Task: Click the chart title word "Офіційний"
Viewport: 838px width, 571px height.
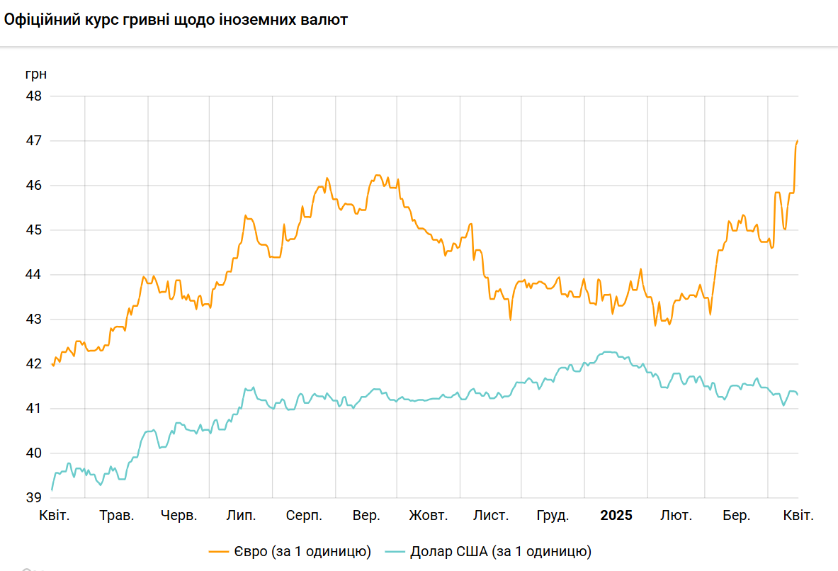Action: click(40, 21)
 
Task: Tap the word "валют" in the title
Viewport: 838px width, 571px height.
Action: click(325, 21)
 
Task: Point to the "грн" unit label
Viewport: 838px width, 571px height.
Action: click(35, 74)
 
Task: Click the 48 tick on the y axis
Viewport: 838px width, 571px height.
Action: click(34, 96)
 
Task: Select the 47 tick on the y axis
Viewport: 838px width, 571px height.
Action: click(34, 140)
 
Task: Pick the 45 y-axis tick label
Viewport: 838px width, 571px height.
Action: click(34, 230)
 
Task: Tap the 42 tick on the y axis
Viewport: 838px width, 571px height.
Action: click(34, 364)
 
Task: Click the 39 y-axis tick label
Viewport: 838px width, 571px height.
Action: click(34, 498)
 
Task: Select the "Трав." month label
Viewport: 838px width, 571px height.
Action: click(116, 516)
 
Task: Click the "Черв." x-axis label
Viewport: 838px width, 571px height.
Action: click(179, 516)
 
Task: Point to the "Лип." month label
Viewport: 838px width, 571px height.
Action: click(241, 516)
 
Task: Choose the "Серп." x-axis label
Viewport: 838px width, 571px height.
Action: click(304, 516)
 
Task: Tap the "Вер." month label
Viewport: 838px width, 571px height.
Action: click(366, 516)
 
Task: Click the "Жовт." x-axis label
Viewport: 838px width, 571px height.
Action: click(428, 516)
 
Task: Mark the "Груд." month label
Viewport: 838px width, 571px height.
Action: click(553, 516)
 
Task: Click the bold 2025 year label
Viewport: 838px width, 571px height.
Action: click(616, 516)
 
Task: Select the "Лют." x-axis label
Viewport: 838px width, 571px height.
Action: click(676, 516)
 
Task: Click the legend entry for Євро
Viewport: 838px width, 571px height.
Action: click(291, 551)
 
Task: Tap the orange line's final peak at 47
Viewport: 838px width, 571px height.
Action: click(798, 141)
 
